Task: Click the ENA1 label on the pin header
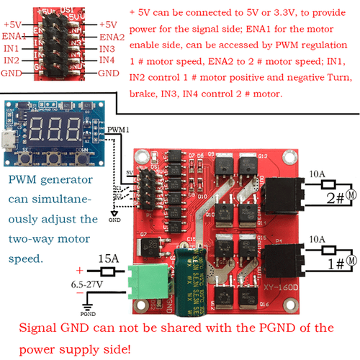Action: pyautogui.click(x=15, y=35)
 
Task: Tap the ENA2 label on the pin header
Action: pyautogui.click(x=111, y=36)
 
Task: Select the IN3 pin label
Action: pyautogui.click(x=107, y=48)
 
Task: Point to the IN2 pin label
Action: pyautogui.click(x=12, y=60)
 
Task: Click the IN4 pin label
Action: pyautogui.click(x=107, y=60)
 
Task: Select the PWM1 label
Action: pyautogui.click(x=120, y=130)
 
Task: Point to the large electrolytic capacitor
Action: pyautogui.click(x=192, y=271)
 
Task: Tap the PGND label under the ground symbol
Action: pyautogui.click(x=89, y=313)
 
